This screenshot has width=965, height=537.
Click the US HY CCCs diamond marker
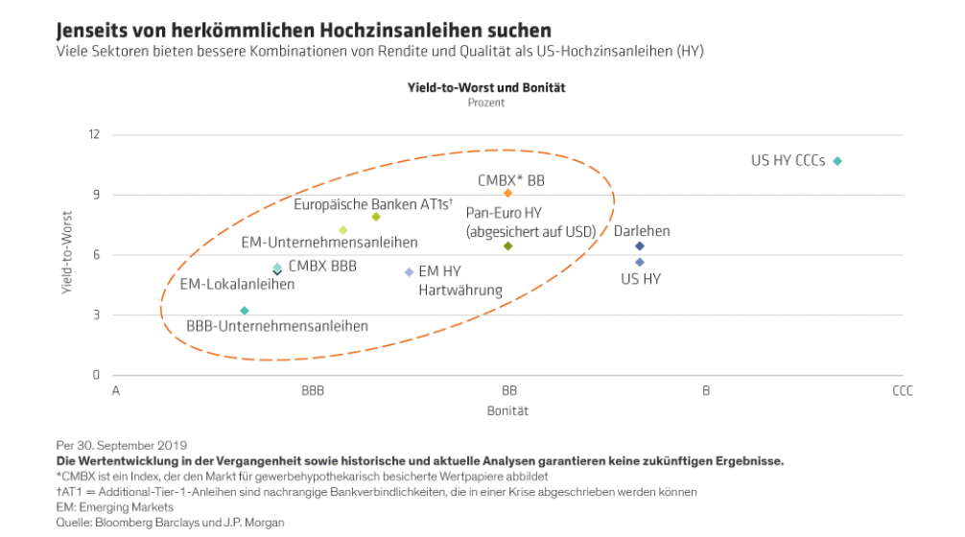click(x=837, y=161)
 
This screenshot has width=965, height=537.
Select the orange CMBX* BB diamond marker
click(x=508, y=194)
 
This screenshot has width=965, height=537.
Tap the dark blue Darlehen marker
click(x=640, y=246)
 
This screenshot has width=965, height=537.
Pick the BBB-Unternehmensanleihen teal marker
click(x=245, y=311)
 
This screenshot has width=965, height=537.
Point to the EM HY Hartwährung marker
click(x=410, y=272)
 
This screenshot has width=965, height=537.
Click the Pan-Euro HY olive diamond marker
click(x=508, y=246)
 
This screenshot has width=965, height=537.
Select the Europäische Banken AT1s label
click(x=372, y=203)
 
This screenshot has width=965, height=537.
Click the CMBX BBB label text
click(x=322, y=266)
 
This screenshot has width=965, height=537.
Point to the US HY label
click(x=641, y=279)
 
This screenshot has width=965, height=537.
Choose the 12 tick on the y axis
click(x=94, y=134)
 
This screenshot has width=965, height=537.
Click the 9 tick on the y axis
click(x=96, y=195)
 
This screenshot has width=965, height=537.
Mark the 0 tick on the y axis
click(x=96, y=375)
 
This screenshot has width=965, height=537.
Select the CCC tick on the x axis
click(x=902, y=391)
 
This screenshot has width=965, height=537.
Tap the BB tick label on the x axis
click(x=509, y=391)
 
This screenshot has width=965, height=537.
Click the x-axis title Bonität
click(x=508, y=410)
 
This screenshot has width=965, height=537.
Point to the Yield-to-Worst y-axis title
click(x=68, y=254)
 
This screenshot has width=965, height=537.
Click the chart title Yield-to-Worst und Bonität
click(x=486, y=87)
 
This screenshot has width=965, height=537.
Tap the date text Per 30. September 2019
click(x=122, y=445)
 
